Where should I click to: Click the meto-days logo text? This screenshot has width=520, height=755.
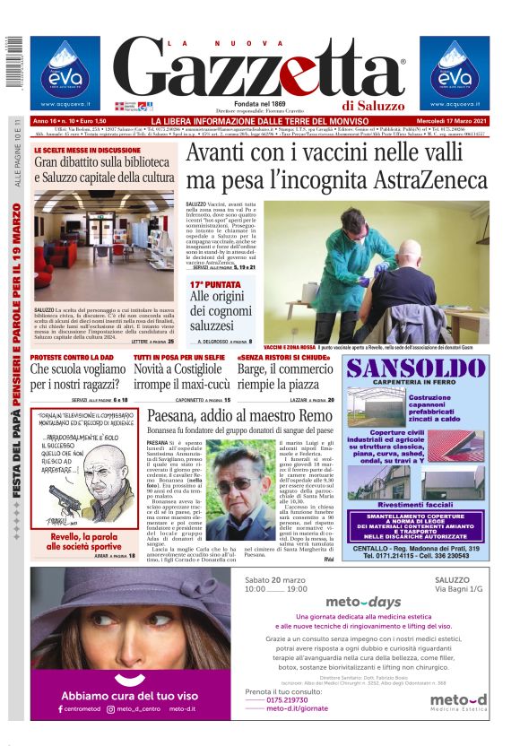(362, 601)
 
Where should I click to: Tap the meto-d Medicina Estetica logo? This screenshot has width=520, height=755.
(457, 702)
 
